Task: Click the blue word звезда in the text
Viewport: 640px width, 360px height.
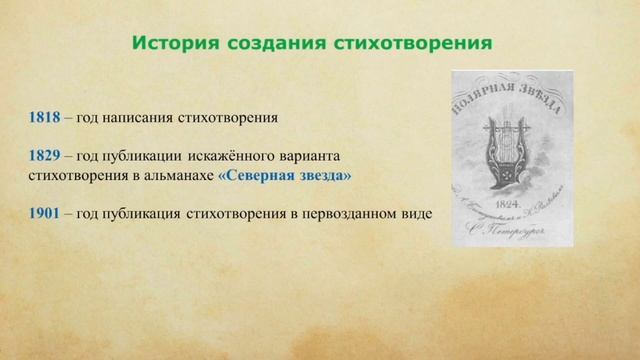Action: pos(324,176)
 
